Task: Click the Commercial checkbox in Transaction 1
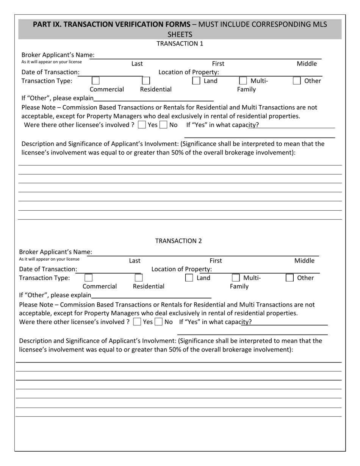[96, 81]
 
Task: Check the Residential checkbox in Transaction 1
[146, 81]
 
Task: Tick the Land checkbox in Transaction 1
[196, 81]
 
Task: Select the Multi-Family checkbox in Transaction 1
[243, 81]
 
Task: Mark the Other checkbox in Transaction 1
[297, 81]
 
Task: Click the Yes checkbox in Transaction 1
[142, 125]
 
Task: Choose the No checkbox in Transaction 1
[163, 125]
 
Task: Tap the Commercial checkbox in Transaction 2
[88, 278]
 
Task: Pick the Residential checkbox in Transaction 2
[139, 278]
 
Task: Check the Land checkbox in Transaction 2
[189, 278]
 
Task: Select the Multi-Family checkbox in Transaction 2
[236, 278]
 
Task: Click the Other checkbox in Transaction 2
[290, 278]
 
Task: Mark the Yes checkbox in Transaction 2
[137, 322]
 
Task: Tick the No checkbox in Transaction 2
[159, 322]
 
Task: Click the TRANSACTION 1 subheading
[180, 44]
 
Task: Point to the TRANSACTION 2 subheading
[178, 241]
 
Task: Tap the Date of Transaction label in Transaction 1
[50, 72]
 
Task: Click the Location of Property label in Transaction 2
[182, 269]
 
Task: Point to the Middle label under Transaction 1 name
[307, 64]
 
